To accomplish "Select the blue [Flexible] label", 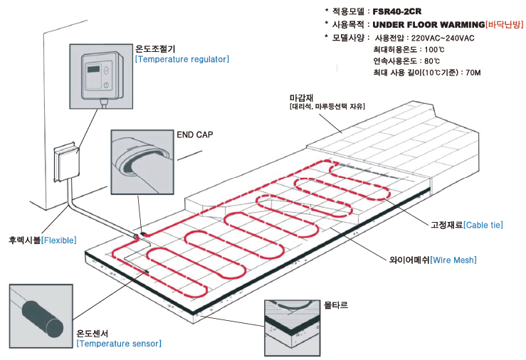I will (59, 240).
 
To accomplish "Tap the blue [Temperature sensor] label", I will (119, 344).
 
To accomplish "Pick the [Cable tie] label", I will (483, 225).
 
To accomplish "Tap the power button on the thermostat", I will (107, 85).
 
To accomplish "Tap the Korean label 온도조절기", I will (155, 49).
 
